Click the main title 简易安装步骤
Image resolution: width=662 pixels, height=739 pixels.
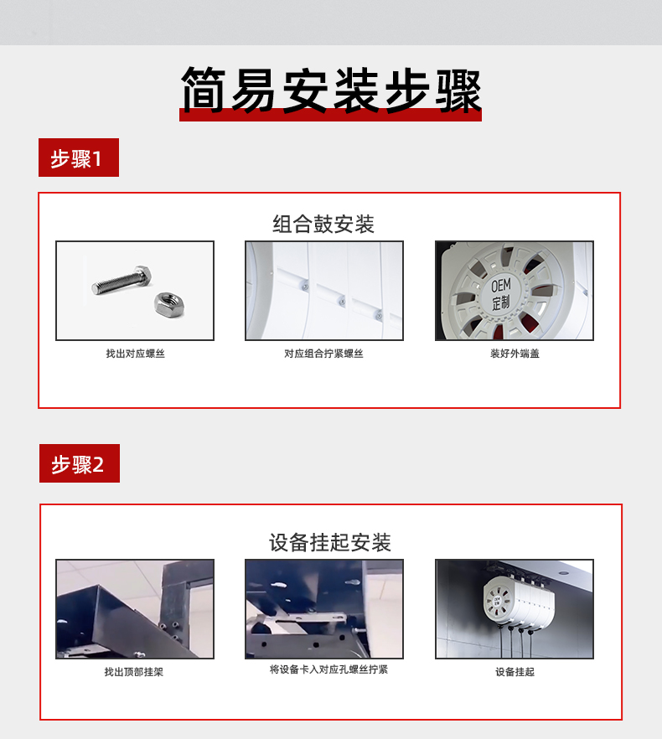[331, 90]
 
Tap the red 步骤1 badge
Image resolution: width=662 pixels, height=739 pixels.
[79, 158]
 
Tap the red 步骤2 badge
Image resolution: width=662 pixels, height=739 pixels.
[80, 463]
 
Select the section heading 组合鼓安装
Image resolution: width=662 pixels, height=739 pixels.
[323, 224]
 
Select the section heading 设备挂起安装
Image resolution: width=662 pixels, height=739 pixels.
[330, 542]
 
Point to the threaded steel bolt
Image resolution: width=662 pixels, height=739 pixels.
[122, 280]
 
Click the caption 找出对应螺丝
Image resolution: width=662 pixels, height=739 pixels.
[135, 354]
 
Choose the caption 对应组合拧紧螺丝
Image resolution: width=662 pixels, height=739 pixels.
[324, 354]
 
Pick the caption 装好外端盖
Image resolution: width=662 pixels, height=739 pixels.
[515, 354]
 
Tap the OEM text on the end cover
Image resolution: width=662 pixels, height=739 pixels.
[501, 286]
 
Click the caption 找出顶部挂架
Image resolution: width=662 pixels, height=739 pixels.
[134, 672]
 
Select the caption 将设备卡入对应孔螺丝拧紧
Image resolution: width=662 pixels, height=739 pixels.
[328, 669]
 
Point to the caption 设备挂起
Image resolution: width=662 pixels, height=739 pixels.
[515, 672]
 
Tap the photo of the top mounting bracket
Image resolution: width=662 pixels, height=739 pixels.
[135, 609]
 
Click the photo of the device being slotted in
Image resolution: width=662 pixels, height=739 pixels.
[324, 609]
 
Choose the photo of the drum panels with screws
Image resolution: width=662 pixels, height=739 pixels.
[324, 290]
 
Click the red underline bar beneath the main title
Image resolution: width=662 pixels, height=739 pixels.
[330, 116]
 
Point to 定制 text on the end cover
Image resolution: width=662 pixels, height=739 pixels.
[501, 302]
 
